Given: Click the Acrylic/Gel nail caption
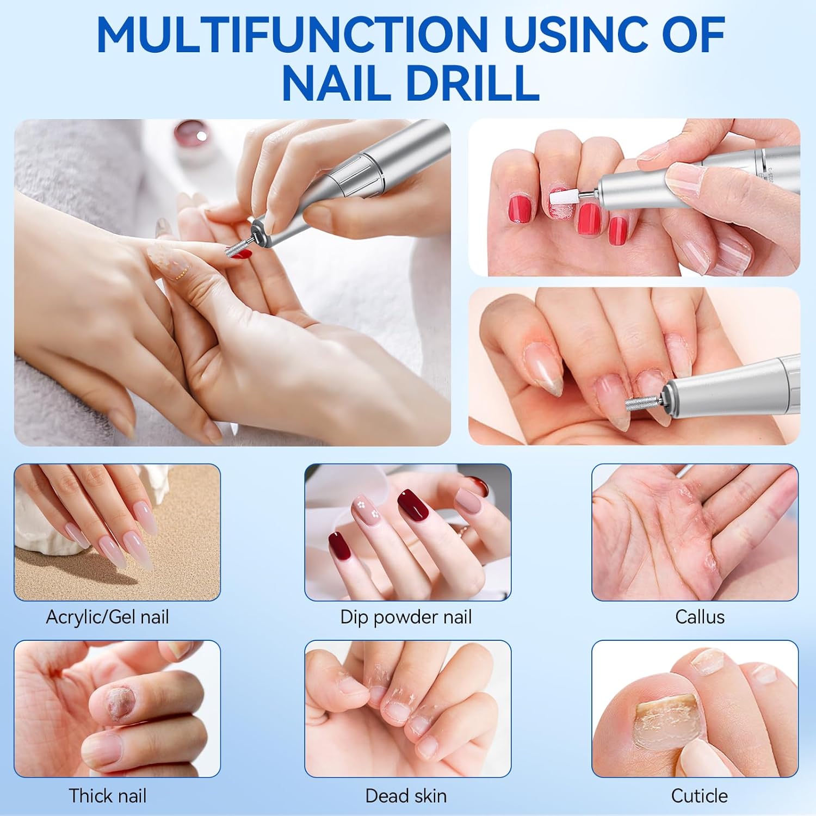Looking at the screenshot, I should tap(107, 617).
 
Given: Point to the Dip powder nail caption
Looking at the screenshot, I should tap(406, 617).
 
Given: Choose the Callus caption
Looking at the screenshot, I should tap(700, 617).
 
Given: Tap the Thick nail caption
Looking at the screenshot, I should tap(107, 796).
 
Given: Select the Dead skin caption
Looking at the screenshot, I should tap(406, 796).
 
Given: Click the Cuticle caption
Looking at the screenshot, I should tap(699, 796).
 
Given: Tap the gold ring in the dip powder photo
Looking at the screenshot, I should tap(462, 530).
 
